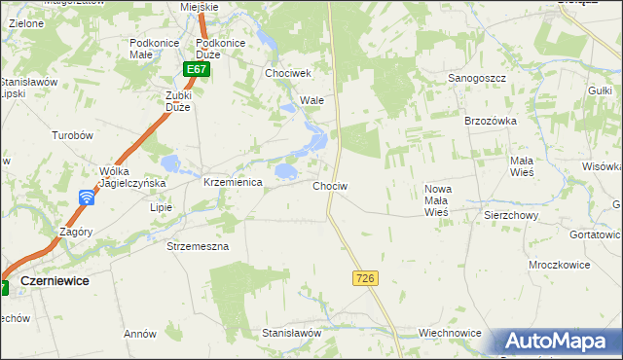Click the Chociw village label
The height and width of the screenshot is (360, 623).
click(x=331, y=185)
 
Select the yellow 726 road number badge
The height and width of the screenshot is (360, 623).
click(x=365, y=278)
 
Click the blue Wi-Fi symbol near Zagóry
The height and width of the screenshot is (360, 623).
click(x=87, y=198)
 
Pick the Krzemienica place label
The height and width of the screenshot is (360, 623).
click(x=233, y=182)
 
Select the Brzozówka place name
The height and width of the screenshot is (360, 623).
click(x=490, y=120)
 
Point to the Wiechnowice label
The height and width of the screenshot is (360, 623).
click(x=450, y=333)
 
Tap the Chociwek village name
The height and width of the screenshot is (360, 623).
click(x=287, y=73)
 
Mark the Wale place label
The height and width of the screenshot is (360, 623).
click(x=311, y=100)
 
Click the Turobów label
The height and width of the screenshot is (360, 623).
click(x=72, y=136)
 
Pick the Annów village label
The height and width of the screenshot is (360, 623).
click(x=140, y=334)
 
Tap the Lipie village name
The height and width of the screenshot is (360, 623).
click(x=161, y=207)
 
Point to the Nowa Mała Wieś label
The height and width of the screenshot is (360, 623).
click(x=435, y=199)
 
